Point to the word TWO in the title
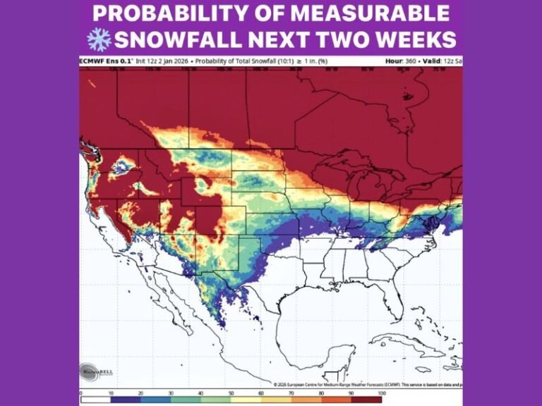click(x=331, y=39)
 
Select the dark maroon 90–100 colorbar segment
click(x=367, y=400)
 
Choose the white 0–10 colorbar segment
click(x=95, y=400)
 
